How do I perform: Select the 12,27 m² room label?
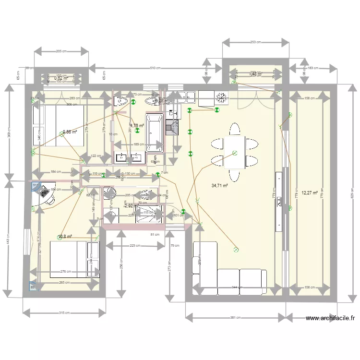coord(310,193)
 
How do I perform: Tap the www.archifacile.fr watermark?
coord(331,318)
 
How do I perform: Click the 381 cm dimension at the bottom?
coord(235,318)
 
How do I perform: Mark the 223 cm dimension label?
coord(134,246)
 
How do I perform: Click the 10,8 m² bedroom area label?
coord(64,236)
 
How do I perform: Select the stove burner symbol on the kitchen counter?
coord(222,97)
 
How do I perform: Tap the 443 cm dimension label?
coord(7,240)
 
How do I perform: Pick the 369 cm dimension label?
coord(7,134)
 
